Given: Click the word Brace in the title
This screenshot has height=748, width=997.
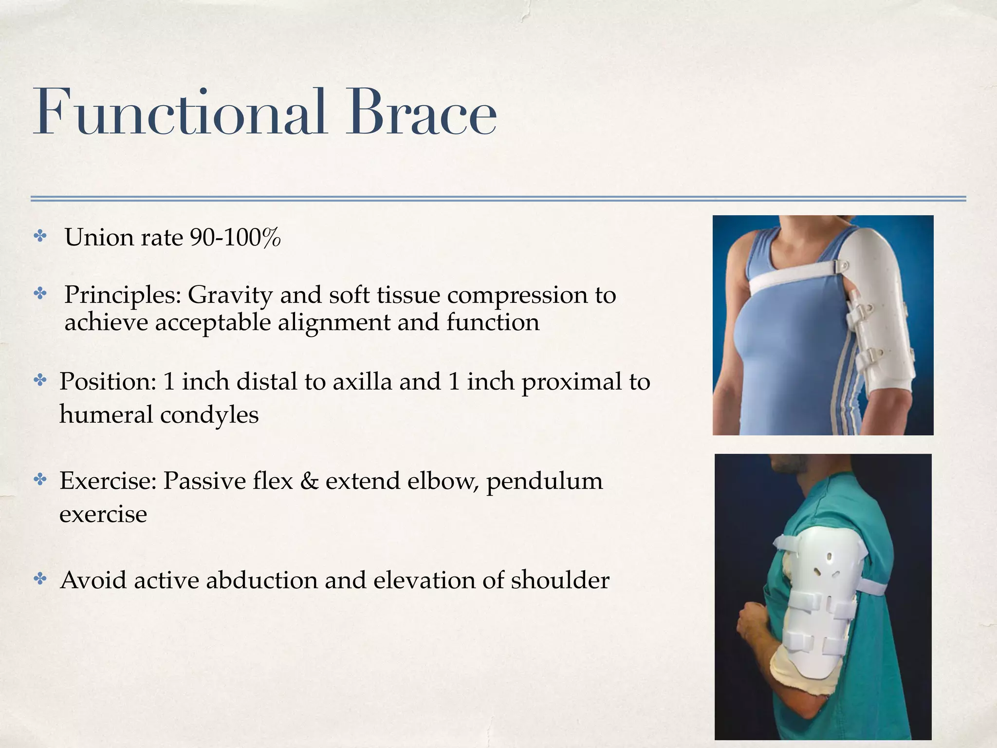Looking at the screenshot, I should [422, 113].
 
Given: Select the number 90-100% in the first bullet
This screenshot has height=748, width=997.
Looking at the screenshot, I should [235, 238].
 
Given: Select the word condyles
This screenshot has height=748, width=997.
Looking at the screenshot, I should [209, 415].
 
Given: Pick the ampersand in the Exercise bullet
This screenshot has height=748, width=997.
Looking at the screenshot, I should [309, 481].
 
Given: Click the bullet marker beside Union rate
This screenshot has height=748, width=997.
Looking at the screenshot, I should [40, 237].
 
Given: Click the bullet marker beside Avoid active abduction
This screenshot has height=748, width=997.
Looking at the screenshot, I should [40, 579].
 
